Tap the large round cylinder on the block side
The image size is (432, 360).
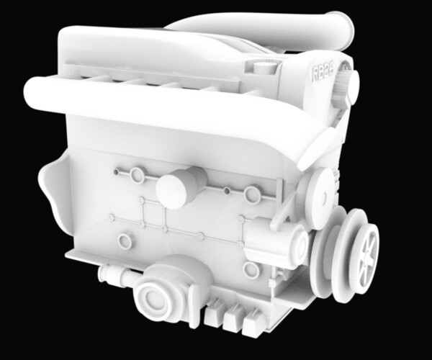pos(180,187)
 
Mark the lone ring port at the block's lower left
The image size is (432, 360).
pos(125,240)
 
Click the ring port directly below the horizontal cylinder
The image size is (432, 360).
pos(251,270)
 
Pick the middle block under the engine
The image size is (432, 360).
pos(233,318)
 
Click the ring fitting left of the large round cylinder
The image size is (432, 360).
pos(136,175)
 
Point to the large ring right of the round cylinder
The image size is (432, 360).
pos(252,194)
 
